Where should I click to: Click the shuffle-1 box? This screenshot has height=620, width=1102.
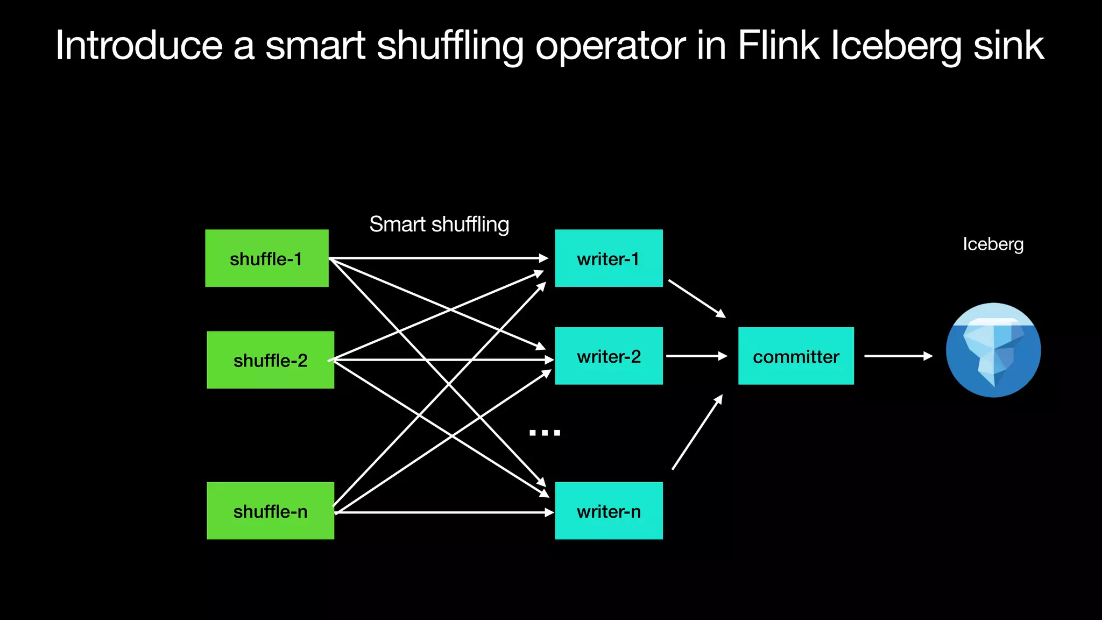[x=266, y=258]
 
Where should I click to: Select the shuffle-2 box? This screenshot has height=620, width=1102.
[x=270, y=360]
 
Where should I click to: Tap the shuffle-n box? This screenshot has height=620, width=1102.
[x=270, y=511]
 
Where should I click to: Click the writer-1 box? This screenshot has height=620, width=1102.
[x=609, y=258]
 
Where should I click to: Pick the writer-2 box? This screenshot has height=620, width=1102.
[x=609, y=356]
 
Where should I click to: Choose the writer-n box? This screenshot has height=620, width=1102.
[x=609, y=511]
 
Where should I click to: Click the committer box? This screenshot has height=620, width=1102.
[x=796, y=356]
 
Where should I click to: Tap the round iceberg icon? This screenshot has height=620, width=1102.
[x=993, y=350]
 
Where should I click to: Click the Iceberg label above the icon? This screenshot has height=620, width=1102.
[x=993, y=244]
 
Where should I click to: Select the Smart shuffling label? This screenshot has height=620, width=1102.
[x=439, y=224]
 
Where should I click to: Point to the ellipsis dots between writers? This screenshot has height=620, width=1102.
[x=545, y=433]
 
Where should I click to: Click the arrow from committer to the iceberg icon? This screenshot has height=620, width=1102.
[x=898, y=356]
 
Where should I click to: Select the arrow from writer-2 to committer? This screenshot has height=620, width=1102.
[x=696, y=356]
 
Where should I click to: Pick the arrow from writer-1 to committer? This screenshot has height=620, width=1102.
[x=697, y=299]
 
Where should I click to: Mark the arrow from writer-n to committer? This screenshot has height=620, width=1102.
[x=697, y=432]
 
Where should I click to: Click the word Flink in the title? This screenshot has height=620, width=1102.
[x=778, y=46]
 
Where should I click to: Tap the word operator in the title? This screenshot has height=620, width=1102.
[x=611, y=46]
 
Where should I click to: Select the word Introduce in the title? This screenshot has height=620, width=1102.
[x=139, y=46]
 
